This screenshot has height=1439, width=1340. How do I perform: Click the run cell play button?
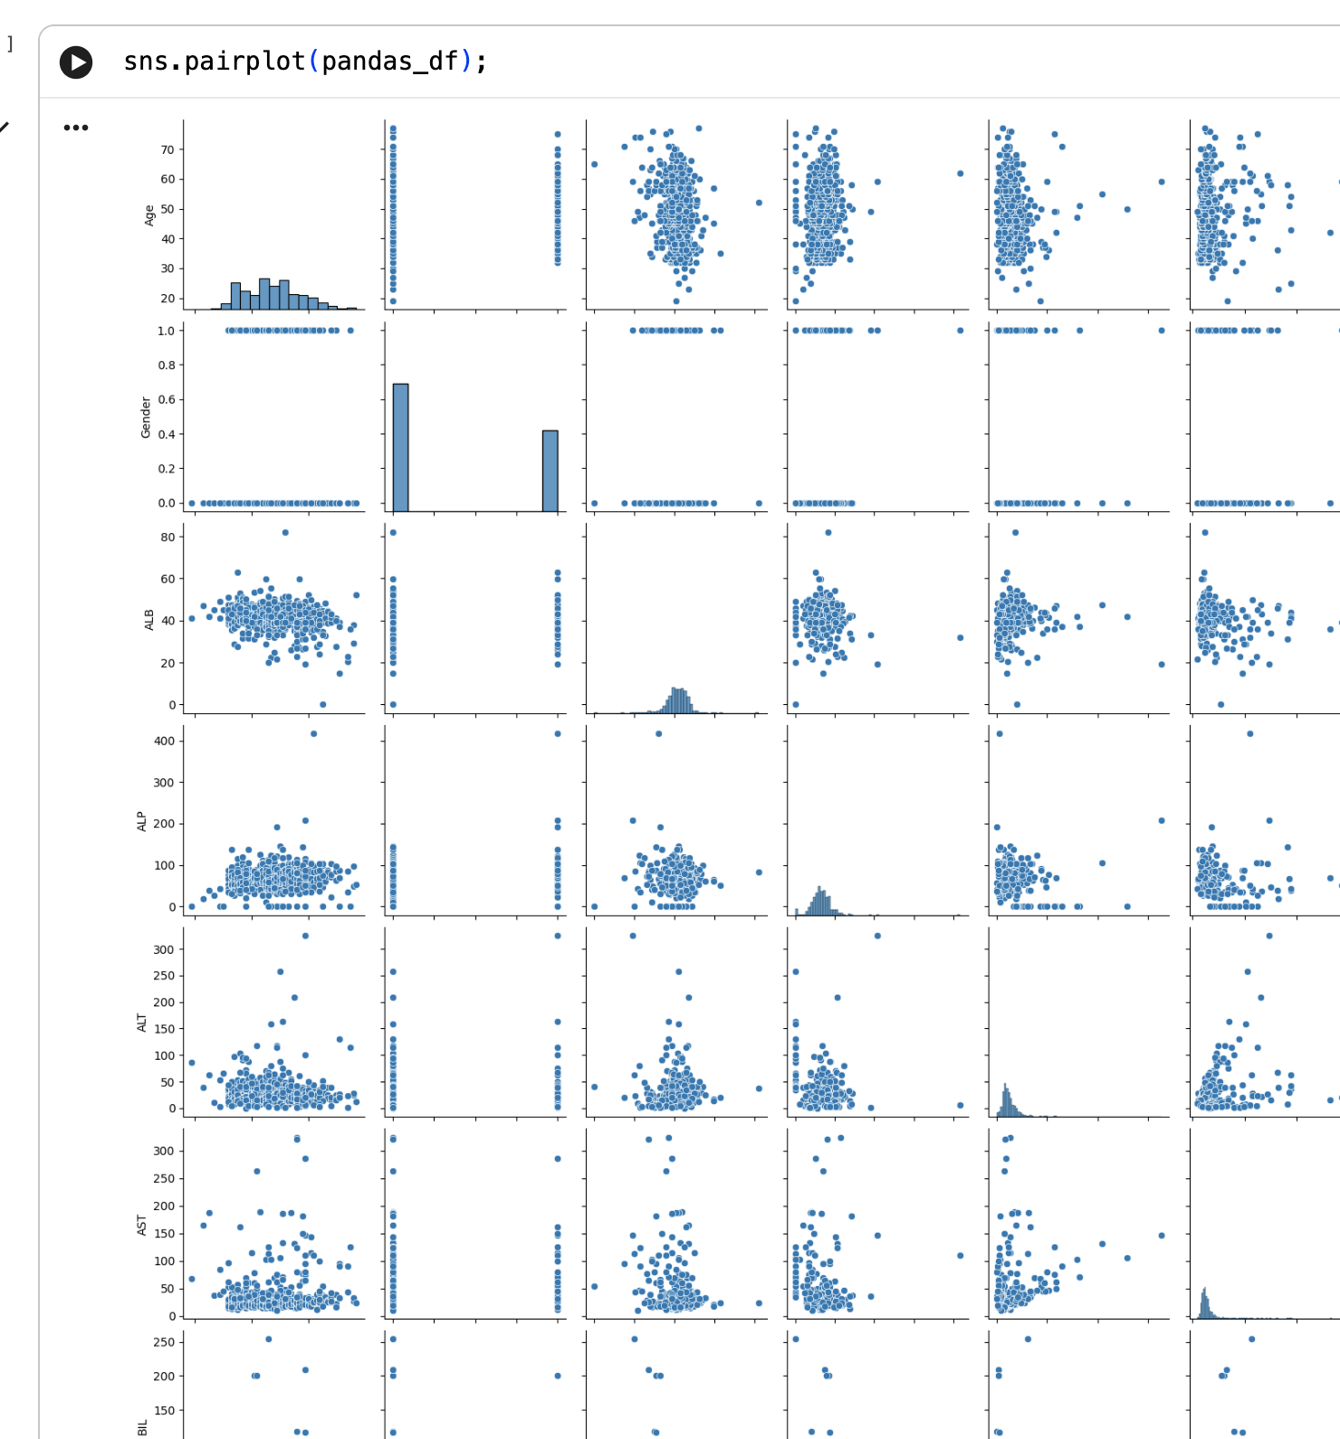(x=76, y=62)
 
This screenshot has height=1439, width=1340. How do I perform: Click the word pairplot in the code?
(x=244, y=62)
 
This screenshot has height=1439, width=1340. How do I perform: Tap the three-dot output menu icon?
(x=76, y=128)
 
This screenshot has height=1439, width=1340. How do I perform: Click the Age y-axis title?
(x=149, y=215)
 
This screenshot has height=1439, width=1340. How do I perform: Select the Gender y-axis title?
(x=146, y=417)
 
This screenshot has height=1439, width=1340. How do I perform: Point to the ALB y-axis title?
(x=149, y=620)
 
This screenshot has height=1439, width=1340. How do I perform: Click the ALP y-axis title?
(x=142, y=822)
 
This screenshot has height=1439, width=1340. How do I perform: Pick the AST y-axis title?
(x=142, y=1225)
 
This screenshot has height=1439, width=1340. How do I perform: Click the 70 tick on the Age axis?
(x=167, y=150)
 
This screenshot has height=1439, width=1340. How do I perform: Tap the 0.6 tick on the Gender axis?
(x=167, y=399)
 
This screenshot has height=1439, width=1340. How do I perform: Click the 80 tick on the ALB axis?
(x=167, y=537)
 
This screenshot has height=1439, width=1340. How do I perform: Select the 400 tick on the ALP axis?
(x=164, y=740)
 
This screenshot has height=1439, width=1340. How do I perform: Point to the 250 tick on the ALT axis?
(x=164, y=976)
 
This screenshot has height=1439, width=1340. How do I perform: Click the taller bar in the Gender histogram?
(x=400, y=448)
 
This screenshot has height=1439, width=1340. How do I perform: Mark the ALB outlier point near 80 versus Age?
(x=285, y=532)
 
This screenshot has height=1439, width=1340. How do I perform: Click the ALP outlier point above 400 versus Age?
(x=313, y=734)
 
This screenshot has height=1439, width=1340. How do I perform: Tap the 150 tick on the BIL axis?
(x=164, y=1410)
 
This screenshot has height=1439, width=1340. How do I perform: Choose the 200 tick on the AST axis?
(x=164, y=1206)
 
